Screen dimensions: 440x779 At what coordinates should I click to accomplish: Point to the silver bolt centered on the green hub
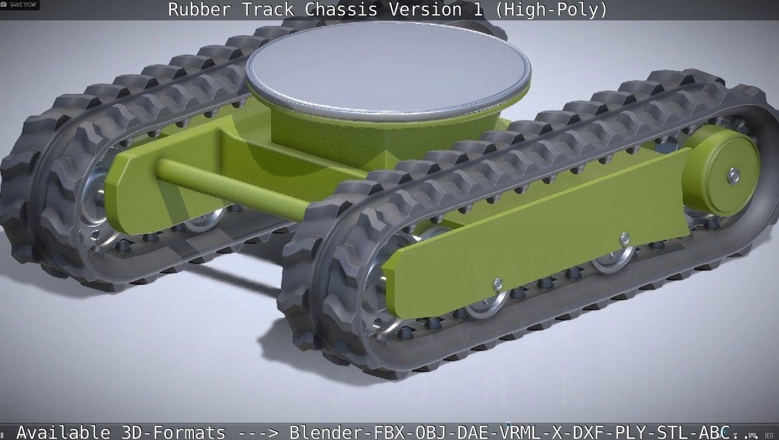click(x=733, y=176)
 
